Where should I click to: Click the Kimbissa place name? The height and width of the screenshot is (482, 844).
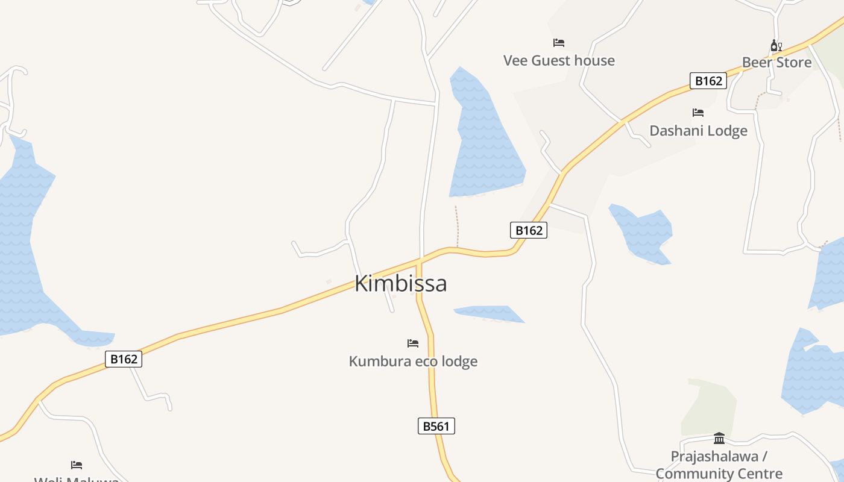(x=400, y=283)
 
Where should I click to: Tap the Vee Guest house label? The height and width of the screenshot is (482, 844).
(x=559, y=60)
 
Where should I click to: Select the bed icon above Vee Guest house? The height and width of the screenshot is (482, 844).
(x=559, y=43)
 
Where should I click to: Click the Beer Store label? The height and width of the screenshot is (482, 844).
(x=776, y=62)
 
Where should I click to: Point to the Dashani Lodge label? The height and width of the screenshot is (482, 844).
(x=698, y=131)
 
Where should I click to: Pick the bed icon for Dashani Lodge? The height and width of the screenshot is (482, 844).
(x=698, y=113)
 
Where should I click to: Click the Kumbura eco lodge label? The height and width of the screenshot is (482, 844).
(x=413, y=361)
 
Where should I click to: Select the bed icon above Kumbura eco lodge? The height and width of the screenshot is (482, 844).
(x=413, y=343)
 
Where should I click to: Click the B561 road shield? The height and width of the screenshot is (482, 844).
(x=436, y=426)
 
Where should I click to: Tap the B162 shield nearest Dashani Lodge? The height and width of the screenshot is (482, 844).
(x=708, y=81)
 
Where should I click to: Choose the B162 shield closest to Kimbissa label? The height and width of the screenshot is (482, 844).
(x=529, y=230)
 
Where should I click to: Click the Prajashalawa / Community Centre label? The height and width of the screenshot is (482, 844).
(x=719, y=465)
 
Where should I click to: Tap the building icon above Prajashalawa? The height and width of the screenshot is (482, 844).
(x=719, y=438)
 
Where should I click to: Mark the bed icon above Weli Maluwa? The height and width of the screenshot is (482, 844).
(x=77, y=465)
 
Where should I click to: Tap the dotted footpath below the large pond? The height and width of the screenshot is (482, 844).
(x=457, y=226)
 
